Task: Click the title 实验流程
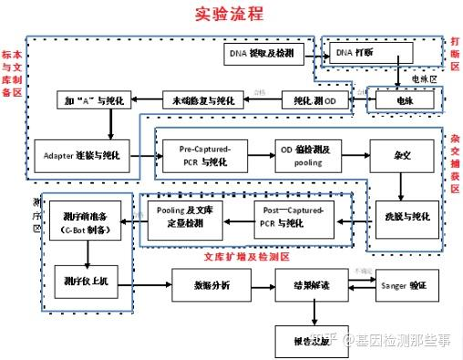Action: click(229, 15)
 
